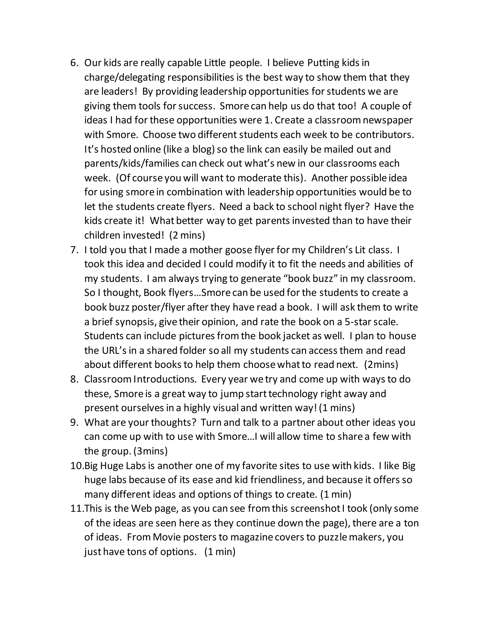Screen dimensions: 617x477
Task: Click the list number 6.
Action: (x=74, y=63)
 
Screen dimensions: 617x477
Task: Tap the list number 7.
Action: (x=74, y=250)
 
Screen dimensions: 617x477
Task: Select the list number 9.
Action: (x=74, y=422)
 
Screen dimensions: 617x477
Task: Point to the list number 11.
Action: (x=77, y=509)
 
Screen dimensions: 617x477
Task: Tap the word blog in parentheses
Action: (x=203, y=149)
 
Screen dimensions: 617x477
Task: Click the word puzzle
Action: (x=333, y=537)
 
